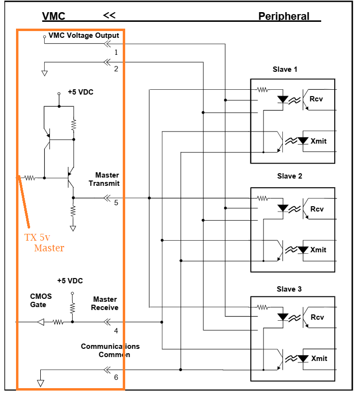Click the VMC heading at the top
(x=54, y=16)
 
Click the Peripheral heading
(x=284, y=16)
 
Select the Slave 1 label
(x=285, y=69)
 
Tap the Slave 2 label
(x=290, y=176)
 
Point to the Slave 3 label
(x=289, y=289)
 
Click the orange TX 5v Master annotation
(x=44, y=243)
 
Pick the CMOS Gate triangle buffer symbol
(x=41, y=322)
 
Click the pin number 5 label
(x=116, y=202)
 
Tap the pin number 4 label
(x=116, y=331)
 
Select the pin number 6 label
(x=116, y=377)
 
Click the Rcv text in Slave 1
(x=316, y=99)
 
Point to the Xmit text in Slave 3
(x=319, y=359)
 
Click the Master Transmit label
(x=104, y=179)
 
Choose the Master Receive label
(x=105, y=303)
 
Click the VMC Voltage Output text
(x=84, y=35)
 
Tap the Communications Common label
(x=110, y=350)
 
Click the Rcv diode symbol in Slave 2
(x=283, y=208)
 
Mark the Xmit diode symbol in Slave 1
(x=303, y=141)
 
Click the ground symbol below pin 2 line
(x=45, y=73)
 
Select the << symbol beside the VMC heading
(x=109, y=16)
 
